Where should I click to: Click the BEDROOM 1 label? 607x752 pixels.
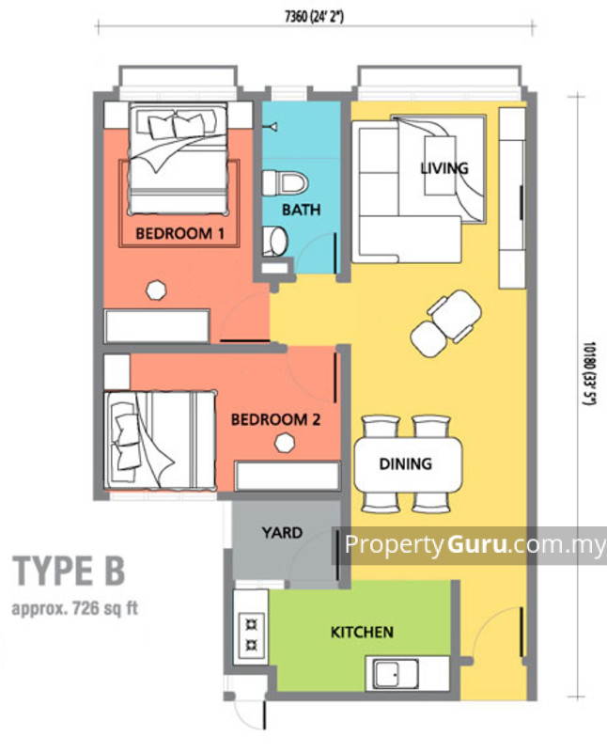179,232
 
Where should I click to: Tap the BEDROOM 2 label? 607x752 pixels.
275,419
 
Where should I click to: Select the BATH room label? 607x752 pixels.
301,210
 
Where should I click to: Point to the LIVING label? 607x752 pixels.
444,168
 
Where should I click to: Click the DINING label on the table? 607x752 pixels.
406,462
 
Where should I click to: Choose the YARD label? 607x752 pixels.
282,532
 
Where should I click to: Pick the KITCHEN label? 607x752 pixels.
362,632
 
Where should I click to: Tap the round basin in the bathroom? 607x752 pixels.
275,242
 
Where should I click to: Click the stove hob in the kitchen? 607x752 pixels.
252,634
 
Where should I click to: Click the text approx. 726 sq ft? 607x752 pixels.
74,607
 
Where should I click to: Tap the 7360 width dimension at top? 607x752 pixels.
316,15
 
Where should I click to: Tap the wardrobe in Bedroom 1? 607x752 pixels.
156,326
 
